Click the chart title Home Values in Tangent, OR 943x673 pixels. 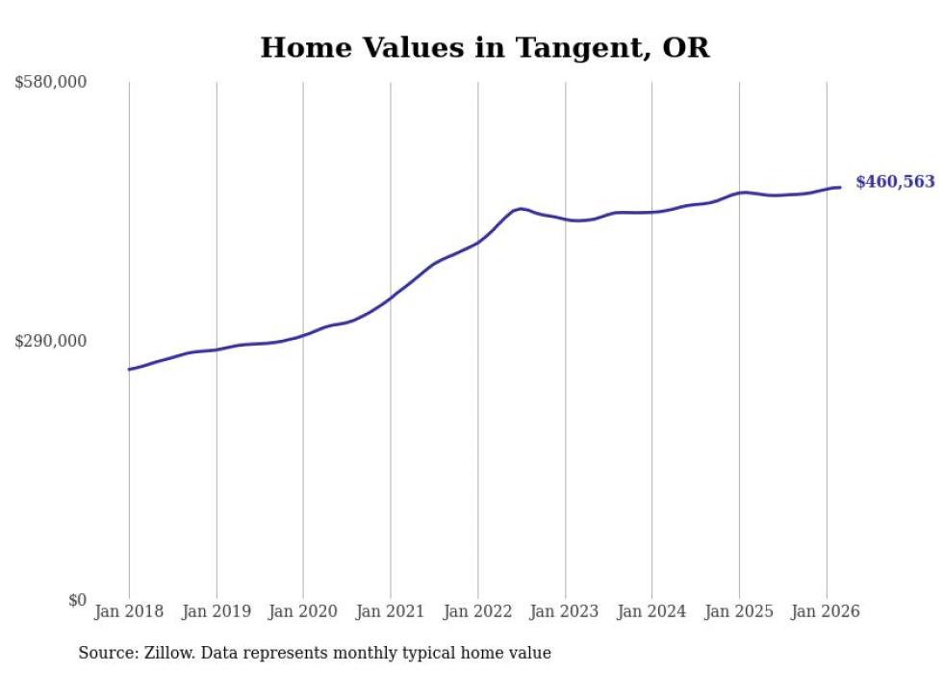pyautogui.click(x=484, y=48)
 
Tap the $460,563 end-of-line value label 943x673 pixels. pyautogui.click(x=894, y=181)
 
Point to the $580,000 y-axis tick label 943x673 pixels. pyautogui.click(x=51, y=83)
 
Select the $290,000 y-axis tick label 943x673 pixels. pyautogui.click(x=51, y=341)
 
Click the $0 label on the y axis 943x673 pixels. pyautogui.click(x=77, y=600)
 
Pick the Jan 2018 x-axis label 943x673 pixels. pyautogui.click(x=129, y=611)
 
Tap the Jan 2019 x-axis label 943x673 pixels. pyautogui.click(x=216, y=611)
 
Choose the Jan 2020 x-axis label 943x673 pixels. pyautogui.click(x=303, y=611)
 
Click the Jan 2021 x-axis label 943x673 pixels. pyautogui.click(x=391, y=611)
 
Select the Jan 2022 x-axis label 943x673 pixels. pyautogui.click(x=477, y=611)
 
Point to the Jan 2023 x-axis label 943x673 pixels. pyautogui.click(x=565, y=611)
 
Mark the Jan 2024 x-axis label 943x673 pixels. pyautogui.click(x=651, y=611)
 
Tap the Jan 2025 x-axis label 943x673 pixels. pyautogui.click(x=739, y=611)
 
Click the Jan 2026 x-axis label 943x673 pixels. pyautogui.click(x=826, y=611)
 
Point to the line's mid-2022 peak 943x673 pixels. pyautogui.click(x=521, y=208)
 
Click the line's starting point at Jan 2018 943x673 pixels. pyautogui.click(x=129, y=369)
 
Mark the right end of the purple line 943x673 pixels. pyautogui.click(x=840, y=187)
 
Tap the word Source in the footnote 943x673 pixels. pyautogui.click(x=106, y=653)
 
